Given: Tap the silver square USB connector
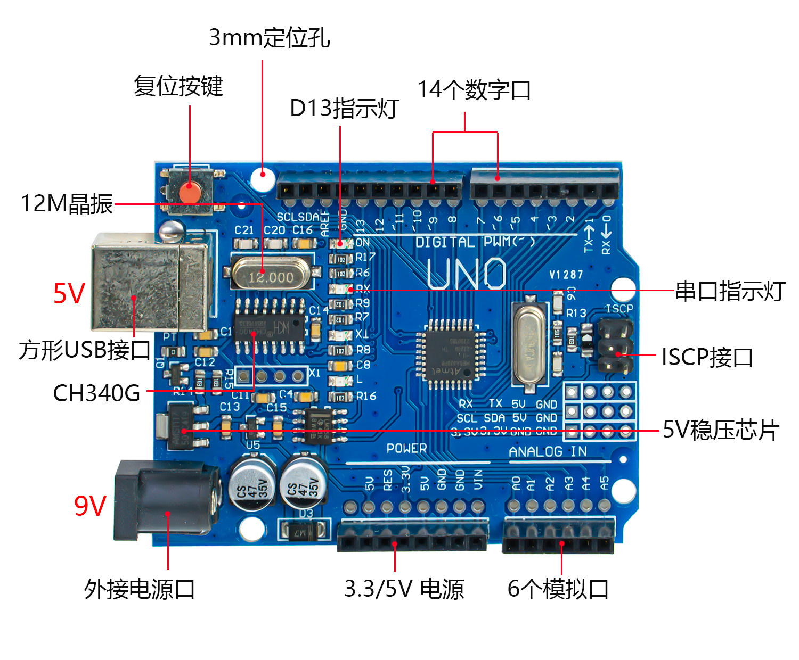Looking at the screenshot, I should (149, 282).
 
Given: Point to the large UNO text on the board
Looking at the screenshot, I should (467, 274).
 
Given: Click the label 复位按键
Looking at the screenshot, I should (178, 86).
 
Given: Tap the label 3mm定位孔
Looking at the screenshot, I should (269, 37).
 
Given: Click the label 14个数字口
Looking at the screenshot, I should (474, 89).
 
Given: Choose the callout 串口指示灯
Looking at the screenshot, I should (730, 291).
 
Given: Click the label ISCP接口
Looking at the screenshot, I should (707, 357).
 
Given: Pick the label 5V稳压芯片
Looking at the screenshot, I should (721, 430).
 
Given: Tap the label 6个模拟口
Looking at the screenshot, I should (558, 589).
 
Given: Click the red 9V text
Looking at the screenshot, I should (90, 506).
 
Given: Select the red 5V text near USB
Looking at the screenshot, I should (69, 293).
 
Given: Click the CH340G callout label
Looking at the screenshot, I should (96, 393).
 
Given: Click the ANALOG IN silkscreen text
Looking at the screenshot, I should (548, 452).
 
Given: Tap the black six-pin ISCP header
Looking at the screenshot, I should (615, 345).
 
